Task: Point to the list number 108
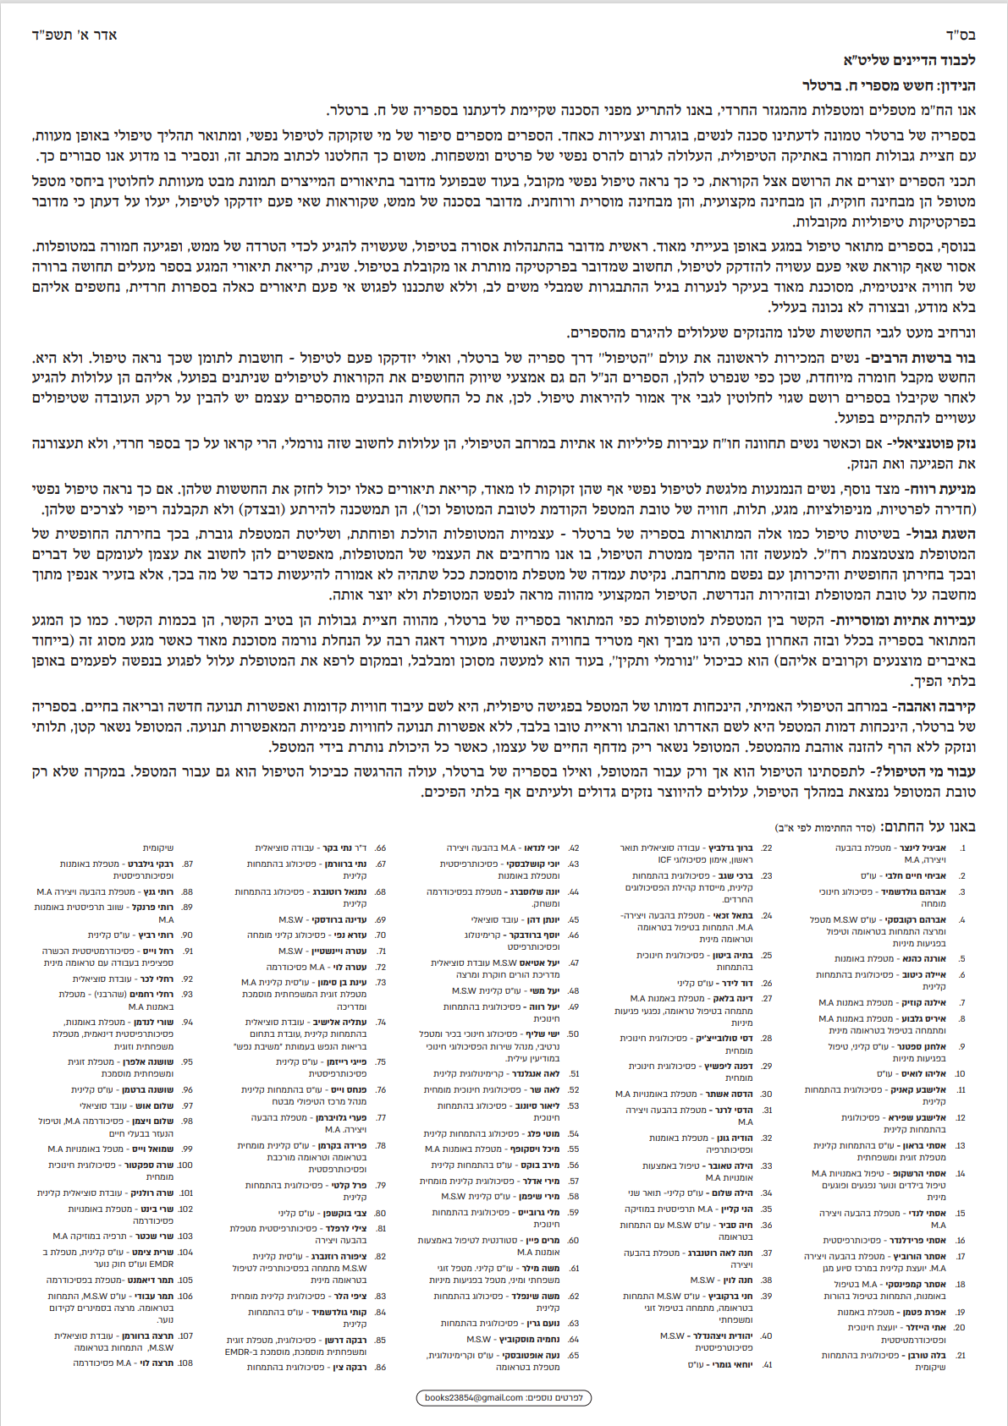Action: [186, 1363]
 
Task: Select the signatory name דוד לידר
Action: [735, 983]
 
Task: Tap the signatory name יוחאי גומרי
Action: [732, 1364]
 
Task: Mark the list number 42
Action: [574, 847]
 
